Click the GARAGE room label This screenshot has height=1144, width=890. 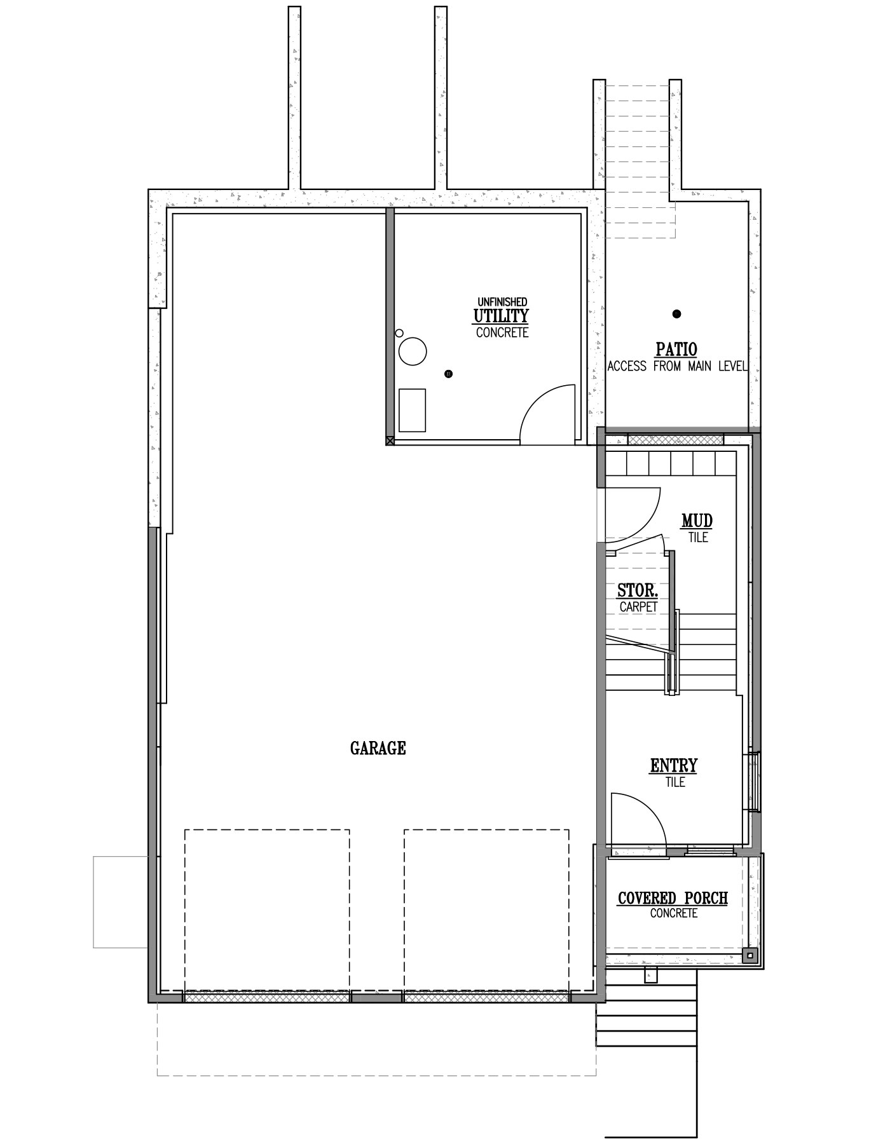tap(378, 748)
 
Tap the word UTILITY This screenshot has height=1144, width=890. tap(501, 316)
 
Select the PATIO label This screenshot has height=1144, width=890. tap(676, 349)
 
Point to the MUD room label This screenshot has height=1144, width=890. tap(697, 521)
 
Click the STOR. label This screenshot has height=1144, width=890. tap(638, 591)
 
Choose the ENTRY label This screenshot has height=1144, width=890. tap(674, 766)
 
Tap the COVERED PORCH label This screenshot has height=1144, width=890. tap(673, 898)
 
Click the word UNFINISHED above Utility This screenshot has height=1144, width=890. tap(502, 302)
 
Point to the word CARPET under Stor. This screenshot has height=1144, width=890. tap(638, 607)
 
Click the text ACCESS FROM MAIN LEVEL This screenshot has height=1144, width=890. tap(677, 367)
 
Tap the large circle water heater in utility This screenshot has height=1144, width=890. tap(413, 351)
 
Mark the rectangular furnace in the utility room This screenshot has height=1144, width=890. tap(412, 411)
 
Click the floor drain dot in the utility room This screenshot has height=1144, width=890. tap(449, 374)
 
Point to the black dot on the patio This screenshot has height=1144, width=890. tap(677, 313)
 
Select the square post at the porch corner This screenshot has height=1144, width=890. tap(750, 955)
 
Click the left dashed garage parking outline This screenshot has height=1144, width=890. tap(267, 830)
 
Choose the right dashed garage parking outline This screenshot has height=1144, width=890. tap(486, 830)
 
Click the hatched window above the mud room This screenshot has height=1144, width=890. tap(676, 439)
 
